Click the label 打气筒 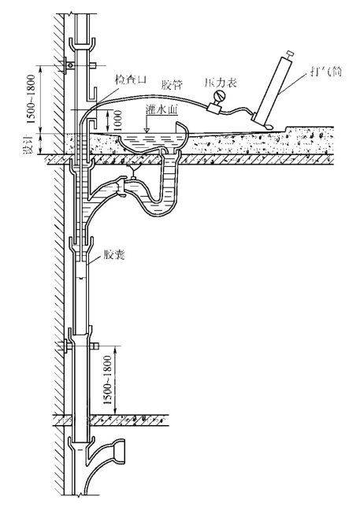[x=325, y=71]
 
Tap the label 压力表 [x=221, y=83]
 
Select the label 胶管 [x=172, y=85]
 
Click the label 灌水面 [x=162, y=110]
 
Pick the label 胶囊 [x=114, y=255]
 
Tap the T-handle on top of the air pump [x=289, y=53]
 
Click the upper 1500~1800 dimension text [x=31, y=99]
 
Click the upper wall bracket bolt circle [x=69, y=66]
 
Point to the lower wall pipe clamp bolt [x=69, y=346]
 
